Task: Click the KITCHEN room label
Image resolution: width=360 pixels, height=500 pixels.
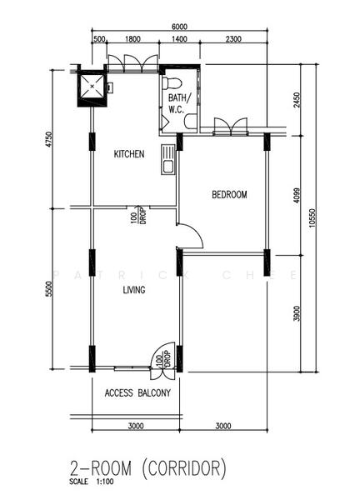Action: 129,154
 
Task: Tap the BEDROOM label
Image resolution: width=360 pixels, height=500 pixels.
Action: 229,195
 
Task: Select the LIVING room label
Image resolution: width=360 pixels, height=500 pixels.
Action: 133,291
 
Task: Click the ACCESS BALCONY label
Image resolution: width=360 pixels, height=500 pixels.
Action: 138,393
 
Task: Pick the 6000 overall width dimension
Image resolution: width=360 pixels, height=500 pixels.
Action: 178,27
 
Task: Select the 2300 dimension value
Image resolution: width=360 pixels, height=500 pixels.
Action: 233,39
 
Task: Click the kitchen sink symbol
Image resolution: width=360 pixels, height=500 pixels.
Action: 167,159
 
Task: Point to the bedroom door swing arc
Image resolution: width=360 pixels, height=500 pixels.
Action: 190,237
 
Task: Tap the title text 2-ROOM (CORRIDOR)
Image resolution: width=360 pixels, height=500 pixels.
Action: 148,468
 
